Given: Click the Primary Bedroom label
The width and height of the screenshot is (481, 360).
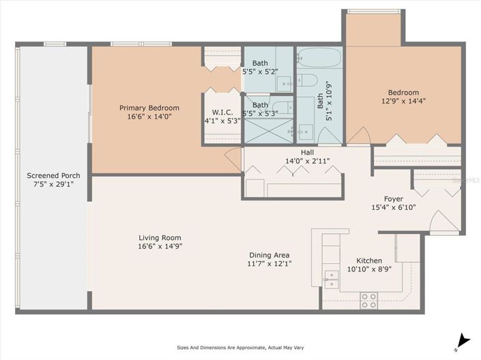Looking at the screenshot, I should (x=149, y=108).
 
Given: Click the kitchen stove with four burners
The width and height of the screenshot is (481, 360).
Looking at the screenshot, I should (x=368, y=298).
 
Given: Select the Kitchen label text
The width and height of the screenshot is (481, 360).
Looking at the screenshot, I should (x=368, y=260).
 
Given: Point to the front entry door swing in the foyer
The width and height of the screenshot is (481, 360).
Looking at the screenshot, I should (x=441, y=221).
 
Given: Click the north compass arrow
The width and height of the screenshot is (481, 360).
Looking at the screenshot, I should (x=463, y=339).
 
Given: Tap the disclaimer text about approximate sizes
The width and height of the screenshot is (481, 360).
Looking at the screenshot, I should (x=240, y=346).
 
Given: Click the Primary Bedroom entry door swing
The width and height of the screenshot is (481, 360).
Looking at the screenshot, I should (x=233, y=159).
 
